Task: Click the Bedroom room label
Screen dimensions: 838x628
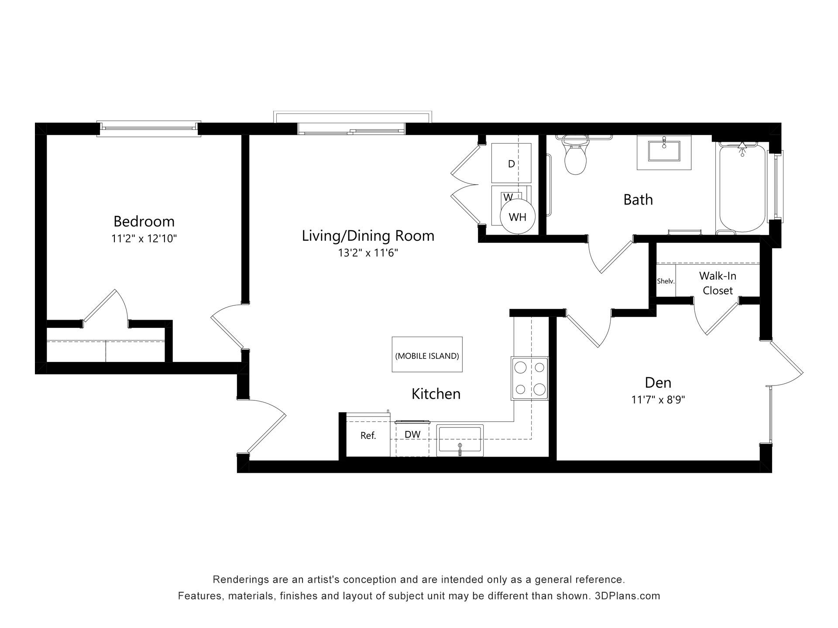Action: tap(144, 222)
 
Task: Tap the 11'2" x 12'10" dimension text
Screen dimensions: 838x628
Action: tap(144, 239)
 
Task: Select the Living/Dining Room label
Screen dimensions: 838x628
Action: tap(368, 236)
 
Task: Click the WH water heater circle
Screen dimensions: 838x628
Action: tap(518, 217)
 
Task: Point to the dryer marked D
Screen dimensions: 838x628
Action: tap(511, 163)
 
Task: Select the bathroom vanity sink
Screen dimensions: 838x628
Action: tap(664, 152)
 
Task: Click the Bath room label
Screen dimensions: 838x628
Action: tap(638, 200)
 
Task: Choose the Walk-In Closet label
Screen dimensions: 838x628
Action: tap(718, 283)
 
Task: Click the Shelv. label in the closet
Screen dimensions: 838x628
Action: tap(666, 281)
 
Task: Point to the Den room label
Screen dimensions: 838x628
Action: tap(658, 383)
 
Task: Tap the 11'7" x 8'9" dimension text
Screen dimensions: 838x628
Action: tap(658, 399)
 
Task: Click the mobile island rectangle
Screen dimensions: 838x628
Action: tap(427, 355)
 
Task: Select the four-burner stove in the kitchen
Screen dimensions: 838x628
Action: tap(530, 379)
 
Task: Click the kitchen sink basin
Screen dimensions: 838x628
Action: tap(460, 440)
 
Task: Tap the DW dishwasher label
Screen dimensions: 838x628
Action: tap(412, 434)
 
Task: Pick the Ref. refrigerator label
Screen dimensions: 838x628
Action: tap(368, 436)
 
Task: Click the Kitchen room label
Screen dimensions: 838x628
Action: tap(436, 394)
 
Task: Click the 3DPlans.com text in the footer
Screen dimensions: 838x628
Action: tap(628, 596)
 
